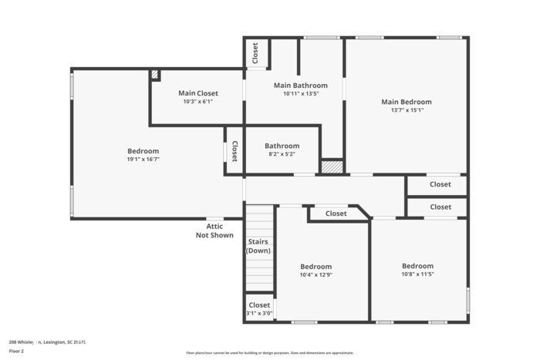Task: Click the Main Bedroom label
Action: tap(406, 102)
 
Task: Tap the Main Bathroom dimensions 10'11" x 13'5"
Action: tap(300, 93)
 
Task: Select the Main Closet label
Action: tap(197, 93)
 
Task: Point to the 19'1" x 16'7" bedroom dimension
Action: tap(143, 159)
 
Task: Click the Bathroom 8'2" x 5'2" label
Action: tap(282, 146)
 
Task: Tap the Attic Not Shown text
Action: tap(214, 230)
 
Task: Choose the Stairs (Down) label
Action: tap(258, 246)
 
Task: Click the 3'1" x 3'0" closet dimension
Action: tap(259, 313)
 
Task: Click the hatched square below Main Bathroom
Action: tap(331, 167)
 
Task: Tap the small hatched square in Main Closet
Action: tap(155, 74)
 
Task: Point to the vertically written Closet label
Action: tap(234, 150)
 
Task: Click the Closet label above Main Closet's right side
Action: tap(255, 52)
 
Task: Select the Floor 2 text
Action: tap(16, 351)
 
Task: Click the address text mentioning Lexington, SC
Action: tap(47, 341)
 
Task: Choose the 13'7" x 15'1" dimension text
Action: tap(406, 109)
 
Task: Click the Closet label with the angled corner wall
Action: tap(336, 214)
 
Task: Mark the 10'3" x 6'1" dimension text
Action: tap(197, 101)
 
